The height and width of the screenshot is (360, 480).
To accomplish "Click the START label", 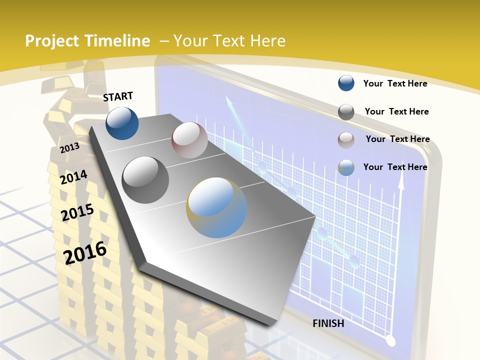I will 118,96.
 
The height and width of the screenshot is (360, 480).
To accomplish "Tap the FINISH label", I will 328,323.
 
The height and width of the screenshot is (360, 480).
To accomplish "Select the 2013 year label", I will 69,148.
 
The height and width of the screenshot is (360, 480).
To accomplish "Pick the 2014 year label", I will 74,177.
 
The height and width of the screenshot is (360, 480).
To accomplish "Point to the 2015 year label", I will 77,212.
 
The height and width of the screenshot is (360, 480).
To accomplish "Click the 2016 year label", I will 85,252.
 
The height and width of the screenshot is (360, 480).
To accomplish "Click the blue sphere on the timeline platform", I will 122,123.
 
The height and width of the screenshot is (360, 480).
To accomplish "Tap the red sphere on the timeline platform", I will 189,140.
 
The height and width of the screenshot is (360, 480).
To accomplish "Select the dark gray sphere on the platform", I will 145,179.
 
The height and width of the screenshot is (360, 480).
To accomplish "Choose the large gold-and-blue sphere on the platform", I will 217,207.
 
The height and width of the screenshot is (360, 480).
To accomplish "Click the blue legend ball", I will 346,83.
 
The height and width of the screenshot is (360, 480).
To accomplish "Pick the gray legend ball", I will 346,112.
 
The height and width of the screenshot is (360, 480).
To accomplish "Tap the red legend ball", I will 346,140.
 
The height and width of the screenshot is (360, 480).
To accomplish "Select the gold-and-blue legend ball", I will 346,167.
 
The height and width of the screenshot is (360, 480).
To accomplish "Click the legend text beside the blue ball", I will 395,83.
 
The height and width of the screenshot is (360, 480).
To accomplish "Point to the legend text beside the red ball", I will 397,139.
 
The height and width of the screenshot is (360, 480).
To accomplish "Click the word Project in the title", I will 51,41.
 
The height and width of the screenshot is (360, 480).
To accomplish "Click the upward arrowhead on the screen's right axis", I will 400,182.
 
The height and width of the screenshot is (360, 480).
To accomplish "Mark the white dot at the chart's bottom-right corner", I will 391,341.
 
